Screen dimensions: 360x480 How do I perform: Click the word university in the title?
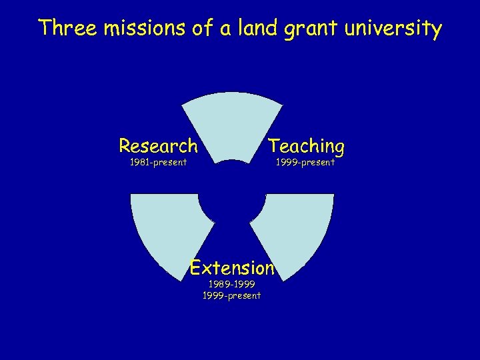click(395, 30)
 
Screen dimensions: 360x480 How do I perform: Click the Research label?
click(158, 145)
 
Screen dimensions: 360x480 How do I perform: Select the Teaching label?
click(306, 146)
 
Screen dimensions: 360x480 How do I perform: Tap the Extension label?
click(232, 268)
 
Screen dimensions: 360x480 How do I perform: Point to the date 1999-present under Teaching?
click(306, 162)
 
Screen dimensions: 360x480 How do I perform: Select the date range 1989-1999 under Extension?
click(231, 284)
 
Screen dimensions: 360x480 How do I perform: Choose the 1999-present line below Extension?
click(231, 295)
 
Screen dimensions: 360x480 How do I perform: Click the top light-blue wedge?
click(232, 127)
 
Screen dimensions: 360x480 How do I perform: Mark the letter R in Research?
click(125, 145)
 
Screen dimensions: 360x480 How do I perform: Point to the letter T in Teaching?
click(274, 145)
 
